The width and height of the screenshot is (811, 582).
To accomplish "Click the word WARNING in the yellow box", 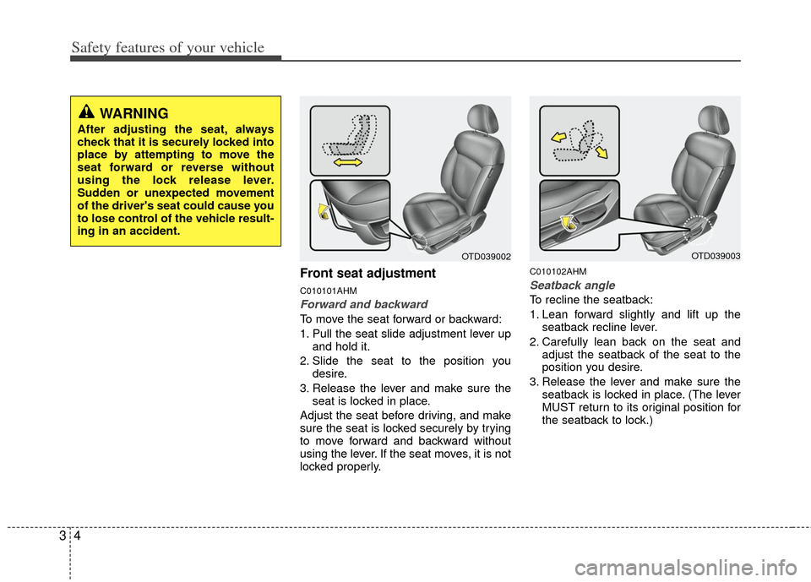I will [133, 113].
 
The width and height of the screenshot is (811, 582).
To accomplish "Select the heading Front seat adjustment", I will [367, 274].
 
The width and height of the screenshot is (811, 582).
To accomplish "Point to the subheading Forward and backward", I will [363, 304].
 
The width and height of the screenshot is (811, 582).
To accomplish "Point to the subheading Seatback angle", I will [572, 286].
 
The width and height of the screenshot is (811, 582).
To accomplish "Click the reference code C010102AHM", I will [558, 271].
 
